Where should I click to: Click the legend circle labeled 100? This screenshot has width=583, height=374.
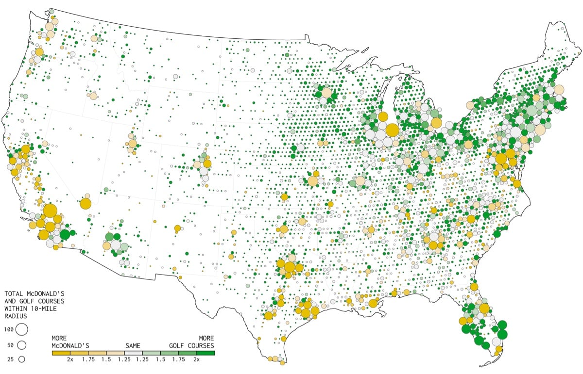pos(21,329)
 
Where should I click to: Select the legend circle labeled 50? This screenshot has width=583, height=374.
pos(21,345)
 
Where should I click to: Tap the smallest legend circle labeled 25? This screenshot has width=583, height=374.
pos(21,359)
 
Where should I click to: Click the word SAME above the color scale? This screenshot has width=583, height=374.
pos(133,345)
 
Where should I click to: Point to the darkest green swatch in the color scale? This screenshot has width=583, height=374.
pos(206,352)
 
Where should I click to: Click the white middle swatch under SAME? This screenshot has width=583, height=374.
pos(133,352)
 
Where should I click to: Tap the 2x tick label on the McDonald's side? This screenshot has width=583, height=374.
pos(70,359)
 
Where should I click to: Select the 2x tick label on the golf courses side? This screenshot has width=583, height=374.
pos(196,359)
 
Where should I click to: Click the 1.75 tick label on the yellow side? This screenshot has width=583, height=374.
pos(88,359)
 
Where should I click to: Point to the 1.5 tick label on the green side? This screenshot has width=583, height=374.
pos(160,359)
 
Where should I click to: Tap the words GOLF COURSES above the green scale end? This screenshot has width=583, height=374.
pos(191,345)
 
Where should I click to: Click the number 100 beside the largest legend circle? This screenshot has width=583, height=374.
pos(9,330)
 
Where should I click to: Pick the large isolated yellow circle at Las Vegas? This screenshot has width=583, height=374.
pos(86,203)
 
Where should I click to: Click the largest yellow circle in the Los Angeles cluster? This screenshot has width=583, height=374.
pos(50,211)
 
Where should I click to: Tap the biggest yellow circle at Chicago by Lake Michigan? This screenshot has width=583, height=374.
pos(392,131)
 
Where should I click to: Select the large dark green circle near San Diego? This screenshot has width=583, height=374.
pos(64,235)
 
